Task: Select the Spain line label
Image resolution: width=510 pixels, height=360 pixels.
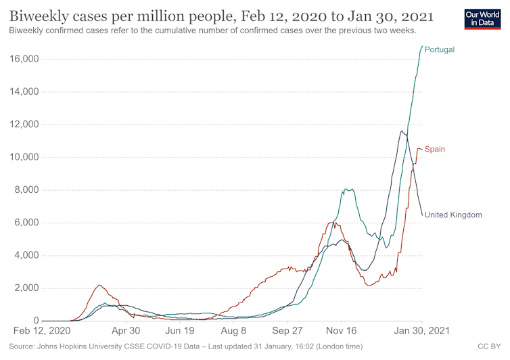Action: [434, 149]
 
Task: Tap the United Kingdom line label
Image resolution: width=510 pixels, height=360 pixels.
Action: [453, 215]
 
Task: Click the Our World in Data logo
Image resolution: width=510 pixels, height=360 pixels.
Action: [483, 19]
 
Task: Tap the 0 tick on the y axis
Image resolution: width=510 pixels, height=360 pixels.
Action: [35, 321]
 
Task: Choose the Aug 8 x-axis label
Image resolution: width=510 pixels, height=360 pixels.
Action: [233, 332]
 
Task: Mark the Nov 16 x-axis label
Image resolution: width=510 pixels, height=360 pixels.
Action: [342, 332]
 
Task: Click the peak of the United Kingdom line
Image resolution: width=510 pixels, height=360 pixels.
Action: [402, 131]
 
